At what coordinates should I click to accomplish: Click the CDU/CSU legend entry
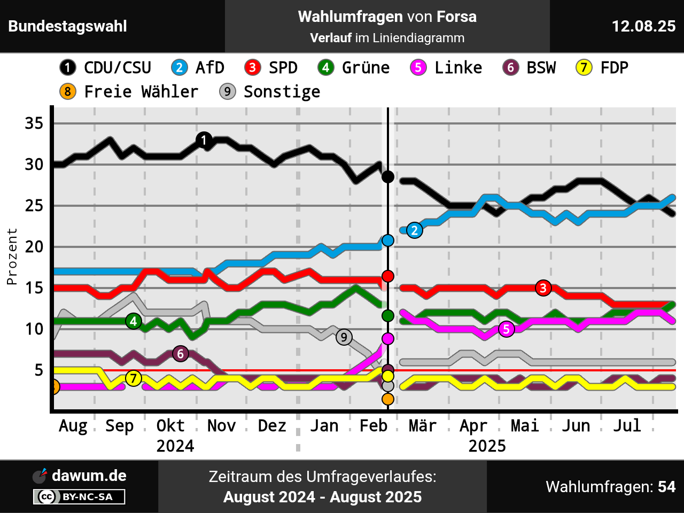click(x=106, y=68)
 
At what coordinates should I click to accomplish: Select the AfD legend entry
click(x=198, y=68)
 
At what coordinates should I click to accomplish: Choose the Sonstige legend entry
click(x=270, y=92)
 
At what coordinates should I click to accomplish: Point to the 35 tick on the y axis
click(x=34, y=123)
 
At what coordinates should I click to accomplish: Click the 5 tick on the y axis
click(x=38, y=370)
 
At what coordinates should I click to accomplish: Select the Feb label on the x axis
click(x=373, y=426)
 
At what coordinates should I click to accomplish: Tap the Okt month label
click(x=170, y=426)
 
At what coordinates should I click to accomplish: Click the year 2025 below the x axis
click(x=487, y=446)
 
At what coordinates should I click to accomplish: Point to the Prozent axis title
click(x=12, y=256)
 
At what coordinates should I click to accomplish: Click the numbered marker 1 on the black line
click(x=204, y=140)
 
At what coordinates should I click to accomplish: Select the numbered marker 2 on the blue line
click(x=414, y=230)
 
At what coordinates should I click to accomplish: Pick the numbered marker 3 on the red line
click(x=543, y=288)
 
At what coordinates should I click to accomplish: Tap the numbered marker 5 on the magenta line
click(x=506, y=329)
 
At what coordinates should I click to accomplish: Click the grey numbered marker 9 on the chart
click(x=344, y=337)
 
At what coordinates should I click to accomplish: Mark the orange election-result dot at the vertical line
click(x=388, y=399)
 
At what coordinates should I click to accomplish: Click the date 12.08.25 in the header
click(x=643, y=26)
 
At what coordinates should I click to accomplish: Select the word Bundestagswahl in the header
click(x=68, y=26)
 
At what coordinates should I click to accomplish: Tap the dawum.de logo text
click(x=89, y=476)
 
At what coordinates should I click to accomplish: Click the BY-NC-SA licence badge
click(x=80, y=497)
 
